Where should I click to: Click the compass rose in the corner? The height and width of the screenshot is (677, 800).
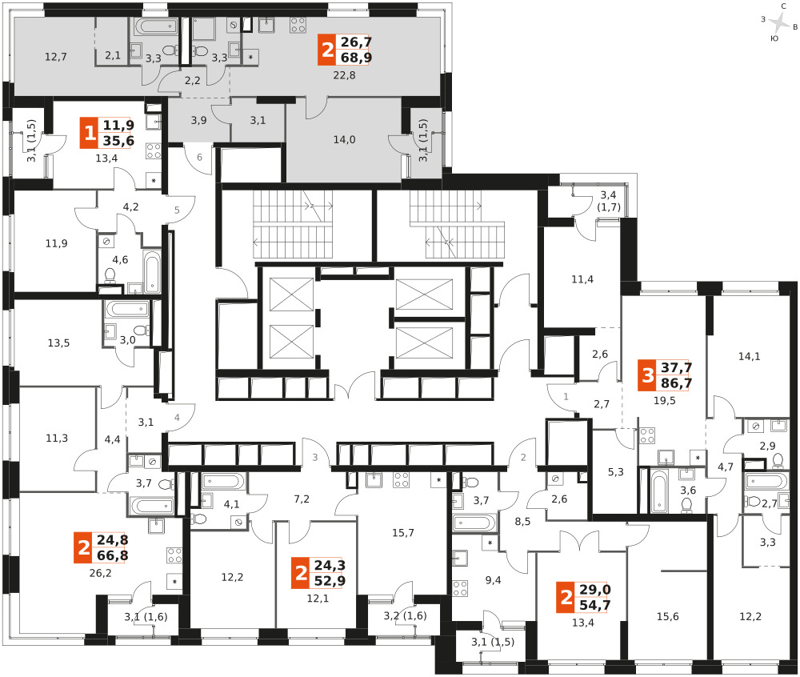coord(779,22)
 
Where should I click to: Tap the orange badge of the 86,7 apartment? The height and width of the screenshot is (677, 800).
coord(647,375)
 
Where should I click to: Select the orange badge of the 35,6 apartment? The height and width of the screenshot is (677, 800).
coord(90,133)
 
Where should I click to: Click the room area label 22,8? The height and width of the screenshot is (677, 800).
coord(344,75)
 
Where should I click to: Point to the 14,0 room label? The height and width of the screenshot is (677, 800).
coord(344,140)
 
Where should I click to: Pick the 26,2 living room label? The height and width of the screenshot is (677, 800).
coord(100,574)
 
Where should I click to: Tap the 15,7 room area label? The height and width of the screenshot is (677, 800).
coord(403,533)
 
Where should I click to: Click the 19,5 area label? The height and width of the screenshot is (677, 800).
coord(664,401)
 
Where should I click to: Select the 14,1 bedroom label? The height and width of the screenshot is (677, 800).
coord(749,357)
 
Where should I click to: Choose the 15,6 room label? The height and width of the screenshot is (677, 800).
coord(667,617)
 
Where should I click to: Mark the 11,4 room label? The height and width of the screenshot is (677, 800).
coord(582,279)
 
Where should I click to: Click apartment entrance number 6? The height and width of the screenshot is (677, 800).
coord(199,157)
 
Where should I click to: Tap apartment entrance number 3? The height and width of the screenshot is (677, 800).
coord(314,458)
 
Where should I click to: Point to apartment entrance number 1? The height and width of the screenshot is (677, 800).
coord(566,396)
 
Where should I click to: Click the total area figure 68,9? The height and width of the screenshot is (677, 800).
coord(356,58)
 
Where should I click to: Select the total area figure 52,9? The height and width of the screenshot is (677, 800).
coord(330,581)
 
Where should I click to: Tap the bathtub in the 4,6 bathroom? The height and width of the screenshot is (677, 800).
coord(152,272)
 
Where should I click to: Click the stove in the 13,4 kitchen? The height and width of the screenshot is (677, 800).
coord(154,151)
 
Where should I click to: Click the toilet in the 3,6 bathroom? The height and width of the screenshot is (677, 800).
coord(686,505)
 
